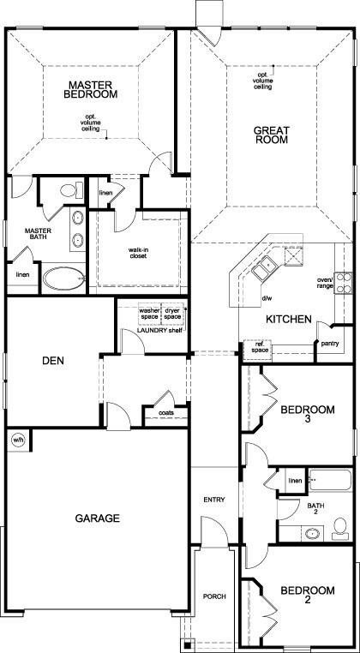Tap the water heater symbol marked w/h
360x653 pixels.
(x=17, y=440)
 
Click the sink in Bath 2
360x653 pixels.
(x=314, y=533)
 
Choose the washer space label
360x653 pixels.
(x=150, y=313)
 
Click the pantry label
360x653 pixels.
(x=330, y=344)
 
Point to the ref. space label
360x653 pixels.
(x=258, y=348)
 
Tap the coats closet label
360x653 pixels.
(x=166, y=413)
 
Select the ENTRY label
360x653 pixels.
(x=213, y=500)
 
